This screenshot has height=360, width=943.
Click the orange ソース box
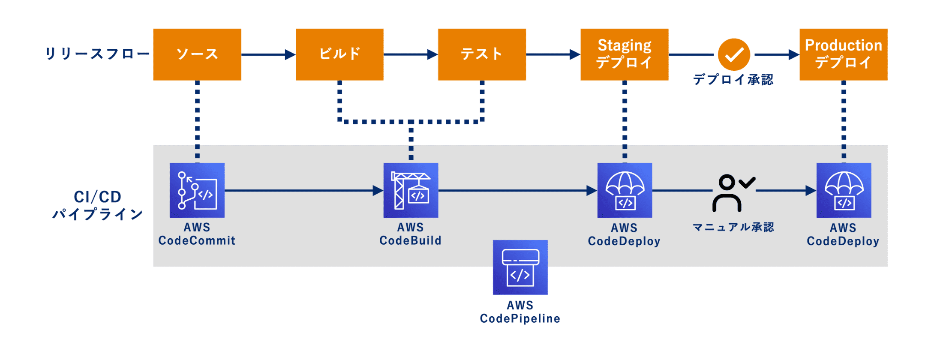[x=197, y=54]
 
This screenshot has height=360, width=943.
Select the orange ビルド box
[x=339, y=54]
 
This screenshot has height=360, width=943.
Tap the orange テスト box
[x=482, y=54]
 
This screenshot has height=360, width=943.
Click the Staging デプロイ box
[x=624, y=54]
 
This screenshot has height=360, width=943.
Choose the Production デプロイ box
[x=843, y=54]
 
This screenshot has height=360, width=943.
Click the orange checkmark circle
[x=734, y=54]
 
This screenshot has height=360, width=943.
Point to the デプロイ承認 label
[x=733, y=80]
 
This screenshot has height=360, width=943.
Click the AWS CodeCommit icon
[x=197, y=190]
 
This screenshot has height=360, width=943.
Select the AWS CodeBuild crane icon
[x=411, y=190]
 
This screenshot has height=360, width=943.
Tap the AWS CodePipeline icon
[x=520, y=267]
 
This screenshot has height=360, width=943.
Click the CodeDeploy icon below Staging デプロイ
[x=625, y=190]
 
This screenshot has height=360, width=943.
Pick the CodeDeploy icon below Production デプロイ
[x=844, y=190]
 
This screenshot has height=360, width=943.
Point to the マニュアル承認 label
[x=733, y=227]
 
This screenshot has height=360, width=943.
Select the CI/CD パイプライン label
[x=98, y=205]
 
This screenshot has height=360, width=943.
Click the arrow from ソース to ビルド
[x=268, y=54]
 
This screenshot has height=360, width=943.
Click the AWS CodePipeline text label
[x=520, y=312]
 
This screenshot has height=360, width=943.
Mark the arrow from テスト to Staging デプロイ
[x=553, y=54]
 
